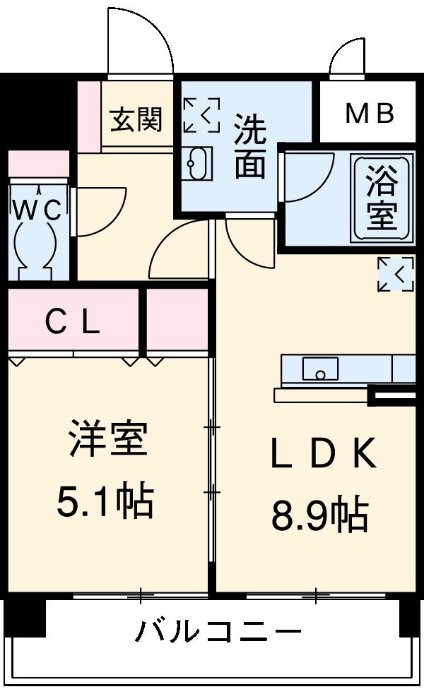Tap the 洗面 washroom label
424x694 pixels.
[250, 146]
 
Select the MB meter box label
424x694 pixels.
[369, 114]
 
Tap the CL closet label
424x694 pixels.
[72, 324]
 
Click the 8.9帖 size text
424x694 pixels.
[319, 515]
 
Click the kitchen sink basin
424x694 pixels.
[319, 369]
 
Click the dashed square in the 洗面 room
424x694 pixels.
[201, 115]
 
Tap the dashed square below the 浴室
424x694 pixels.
[395, 275]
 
